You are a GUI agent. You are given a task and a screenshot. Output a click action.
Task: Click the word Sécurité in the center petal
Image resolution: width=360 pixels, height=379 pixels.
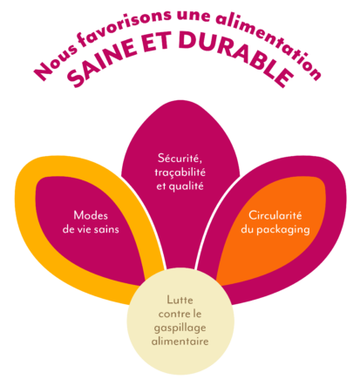[180, 158]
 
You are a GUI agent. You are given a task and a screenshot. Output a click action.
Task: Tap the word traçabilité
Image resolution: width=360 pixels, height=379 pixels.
[180, 173]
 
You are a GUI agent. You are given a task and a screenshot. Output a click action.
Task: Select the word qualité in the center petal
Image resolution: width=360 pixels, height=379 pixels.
[186, 186]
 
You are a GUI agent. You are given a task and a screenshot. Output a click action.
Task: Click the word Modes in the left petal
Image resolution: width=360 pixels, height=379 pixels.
[91, 215]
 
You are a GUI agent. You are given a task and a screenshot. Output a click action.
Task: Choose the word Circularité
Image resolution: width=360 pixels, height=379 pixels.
[275, 215]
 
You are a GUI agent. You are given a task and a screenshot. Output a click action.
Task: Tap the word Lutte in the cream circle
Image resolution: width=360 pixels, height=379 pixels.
[180, 300]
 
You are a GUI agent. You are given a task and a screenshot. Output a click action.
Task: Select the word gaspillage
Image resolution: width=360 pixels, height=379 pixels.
[180, 328]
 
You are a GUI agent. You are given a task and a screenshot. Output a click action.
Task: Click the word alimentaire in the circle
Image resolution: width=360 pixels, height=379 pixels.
[180, 341]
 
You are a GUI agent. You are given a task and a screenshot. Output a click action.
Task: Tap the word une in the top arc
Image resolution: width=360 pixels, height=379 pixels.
[193, 16]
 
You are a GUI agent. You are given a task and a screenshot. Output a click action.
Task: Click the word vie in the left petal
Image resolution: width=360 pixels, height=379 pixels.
[85, 229]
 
